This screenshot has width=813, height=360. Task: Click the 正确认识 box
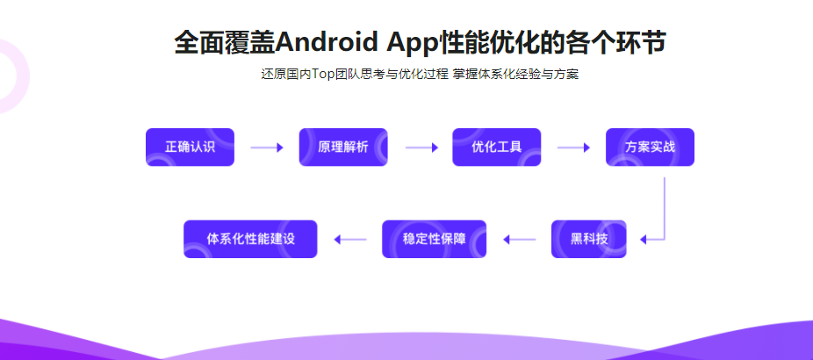pos(190,148)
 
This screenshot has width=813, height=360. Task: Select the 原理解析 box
pos(342,148)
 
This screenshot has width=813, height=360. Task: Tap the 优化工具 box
pos(496,148)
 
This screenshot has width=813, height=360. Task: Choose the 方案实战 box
pos(650,148)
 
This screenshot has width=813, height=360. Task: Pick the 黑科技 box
pos(588,239)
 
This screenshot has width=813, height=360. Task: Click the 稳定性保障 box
pos(434,239)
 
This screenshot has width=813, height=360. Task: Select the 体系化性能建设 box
pos(249,239)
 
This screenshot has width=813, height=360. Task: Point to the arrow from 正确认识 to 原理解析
pos(266,148)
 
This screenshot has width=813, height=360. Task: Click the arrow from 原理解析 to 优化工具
pos(421,148)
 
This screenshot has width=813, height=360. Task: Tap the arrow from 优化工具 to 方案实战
pos(573,148)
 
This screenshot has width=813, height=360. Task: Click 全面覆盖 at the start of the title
pos(225,42)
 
